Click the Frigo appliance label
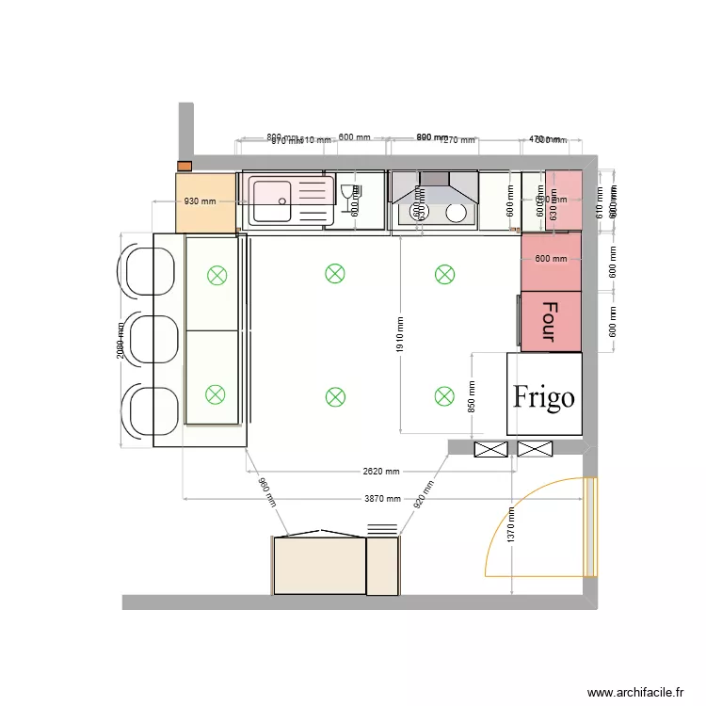pos(544,396)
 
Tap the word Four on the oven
pos(551,320)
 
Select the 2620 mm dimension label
pos(380,472)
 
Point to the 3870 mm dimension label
pos(382,499)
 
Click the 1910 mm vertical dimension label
pos(399,335)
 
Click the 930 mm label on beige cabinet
pos(201,201)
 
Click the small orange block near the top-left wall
pos(185,167)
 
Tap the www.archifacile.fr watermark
pos(635,692)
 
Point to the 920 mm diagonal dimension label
pos(424,494)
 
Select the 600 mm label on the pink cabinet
pos(551,259)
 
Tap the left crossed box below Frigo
pos(490,449)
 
